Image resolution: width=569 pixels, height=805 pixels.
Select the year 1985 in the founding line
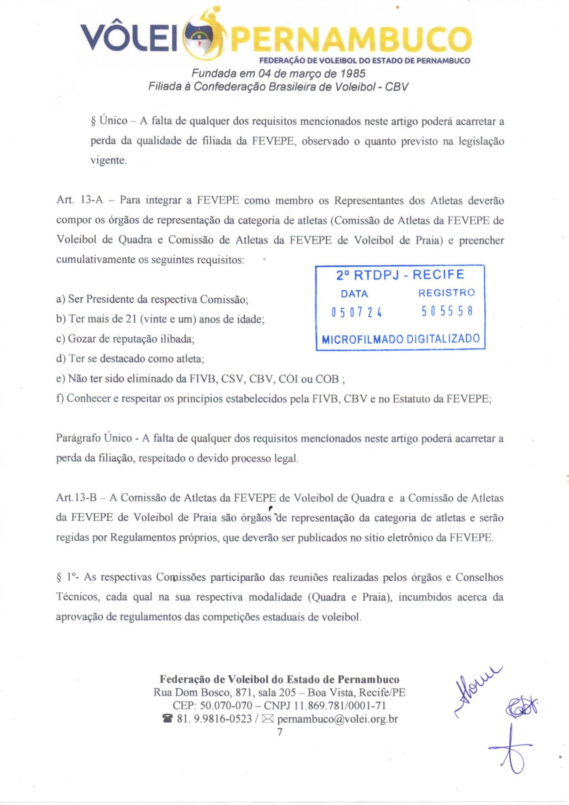pos(353,73)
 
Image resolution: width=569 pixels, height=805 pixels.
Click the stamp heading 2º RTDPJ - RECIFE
pos(400,275)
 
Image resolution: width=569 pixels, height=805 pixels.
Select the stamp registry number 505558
pos(447,312)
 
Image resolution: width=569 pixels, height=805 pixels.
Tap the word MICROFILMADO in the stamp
pos(362,339)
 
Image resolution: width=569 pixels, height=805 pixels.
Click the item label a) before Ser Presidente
pos(60,299)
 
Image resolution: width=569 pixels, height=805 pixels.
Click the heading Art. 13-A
pos(79,201)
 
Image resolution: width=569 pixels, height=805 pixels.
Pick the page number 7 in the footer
pos(280,732)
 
